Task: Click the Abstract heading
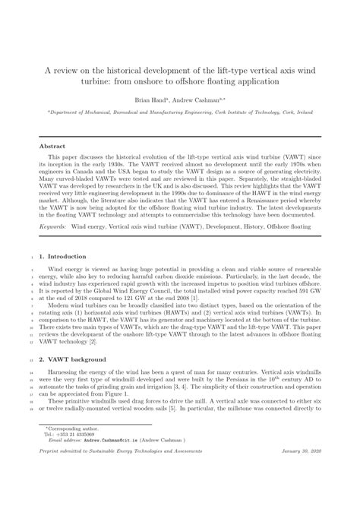pos(55,145)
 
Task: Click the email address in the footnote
pos(106,460)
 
